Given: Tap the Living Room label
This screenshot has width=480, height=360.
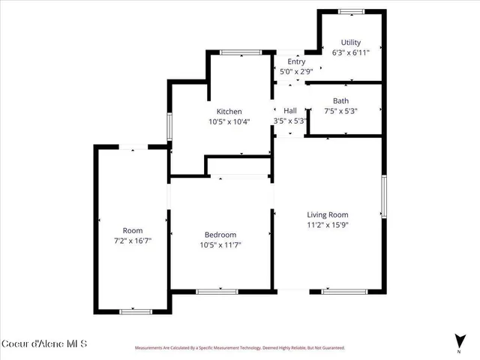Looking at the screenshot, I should click(328, 214).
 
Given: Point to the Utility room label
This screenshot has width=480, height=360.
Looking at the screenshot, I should click(350, 43).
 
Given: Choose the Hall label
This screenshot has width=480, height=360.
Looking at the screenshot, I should click(290, 110).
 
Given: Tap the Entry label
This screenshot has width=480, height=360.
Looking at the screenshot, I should click(296, 62).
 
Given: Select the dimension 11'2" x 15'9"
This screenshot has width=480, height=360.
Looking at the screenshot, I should click(328, 224).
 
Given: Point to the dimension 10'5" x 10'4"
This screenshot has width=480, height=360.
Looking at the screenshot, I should click(229, 121).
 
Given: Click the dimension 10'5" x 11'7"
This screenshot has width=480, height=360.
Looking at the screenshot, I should click(220, 244).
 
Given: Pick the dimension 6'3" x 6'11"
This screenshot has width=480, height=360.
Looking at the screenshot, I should click(352, 53).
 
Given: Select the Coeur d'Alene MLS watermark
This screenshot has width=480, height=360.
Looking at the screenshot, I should click(45, 343).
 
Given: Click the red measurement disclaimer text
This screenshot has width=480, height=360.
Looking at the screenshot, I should click(239, 348).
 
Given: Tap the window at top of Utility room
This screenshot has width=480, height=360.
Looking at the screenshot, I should click(350, 10).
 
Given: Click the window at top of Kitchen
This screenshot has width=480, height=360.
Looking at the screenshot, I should click(240, 52).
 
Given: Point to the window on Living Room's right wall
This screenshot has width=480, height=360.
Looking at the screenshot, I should click(383, 196).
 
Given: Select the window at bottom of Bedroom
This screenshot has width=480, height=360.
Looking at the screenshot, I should click(217, 291).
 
